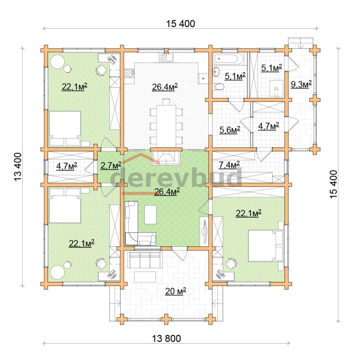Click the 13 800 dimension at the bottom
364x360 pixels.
pyautogui.click(x=167, y=339)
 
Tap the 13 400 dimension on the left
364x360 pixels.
pyautogui.click(x=18, y=166)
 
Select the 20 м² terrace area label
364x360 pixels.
pyautogui.click(x=176, y=291)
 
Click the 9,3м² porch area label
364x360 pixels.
pyautogui.click(x=301, y=84)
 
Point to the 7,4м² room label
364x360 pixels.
pyautogui.click(x=229, y=165)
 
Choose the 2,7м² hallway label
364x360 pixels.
pyautogui.click(x=111, y=165)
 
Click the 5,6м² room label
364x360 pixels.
pyautogui.click(x=230, y=130)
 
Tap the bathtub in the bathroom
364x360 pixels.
pyautogui.click(x=228, y=59)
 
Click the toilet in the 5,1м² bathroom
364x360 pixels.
pyautogui.click(x=218, y=87)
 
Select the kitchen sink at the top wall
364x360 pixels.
pyautogui.click(x=166, y=57)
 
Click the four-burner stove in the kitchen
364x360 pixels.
pyautogui.click(x=129, y=73)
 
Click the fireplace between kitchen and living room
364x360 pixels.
pyautogui.click(x=166, y=156)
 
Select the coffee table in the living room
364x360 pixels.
pyautogui.click(x=150, y=215)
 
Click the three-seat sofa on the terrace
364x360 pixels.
pyautogui.click(x=145, y=260)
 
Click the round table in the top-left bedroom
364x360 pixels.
pyautogui.click(x=57, y=62)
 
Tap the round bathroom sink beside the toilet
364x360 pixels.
pyautogui.click(x=217, y=71)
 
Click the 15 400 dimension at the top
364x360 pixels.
pyautogui.click(x=181, y=24)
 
